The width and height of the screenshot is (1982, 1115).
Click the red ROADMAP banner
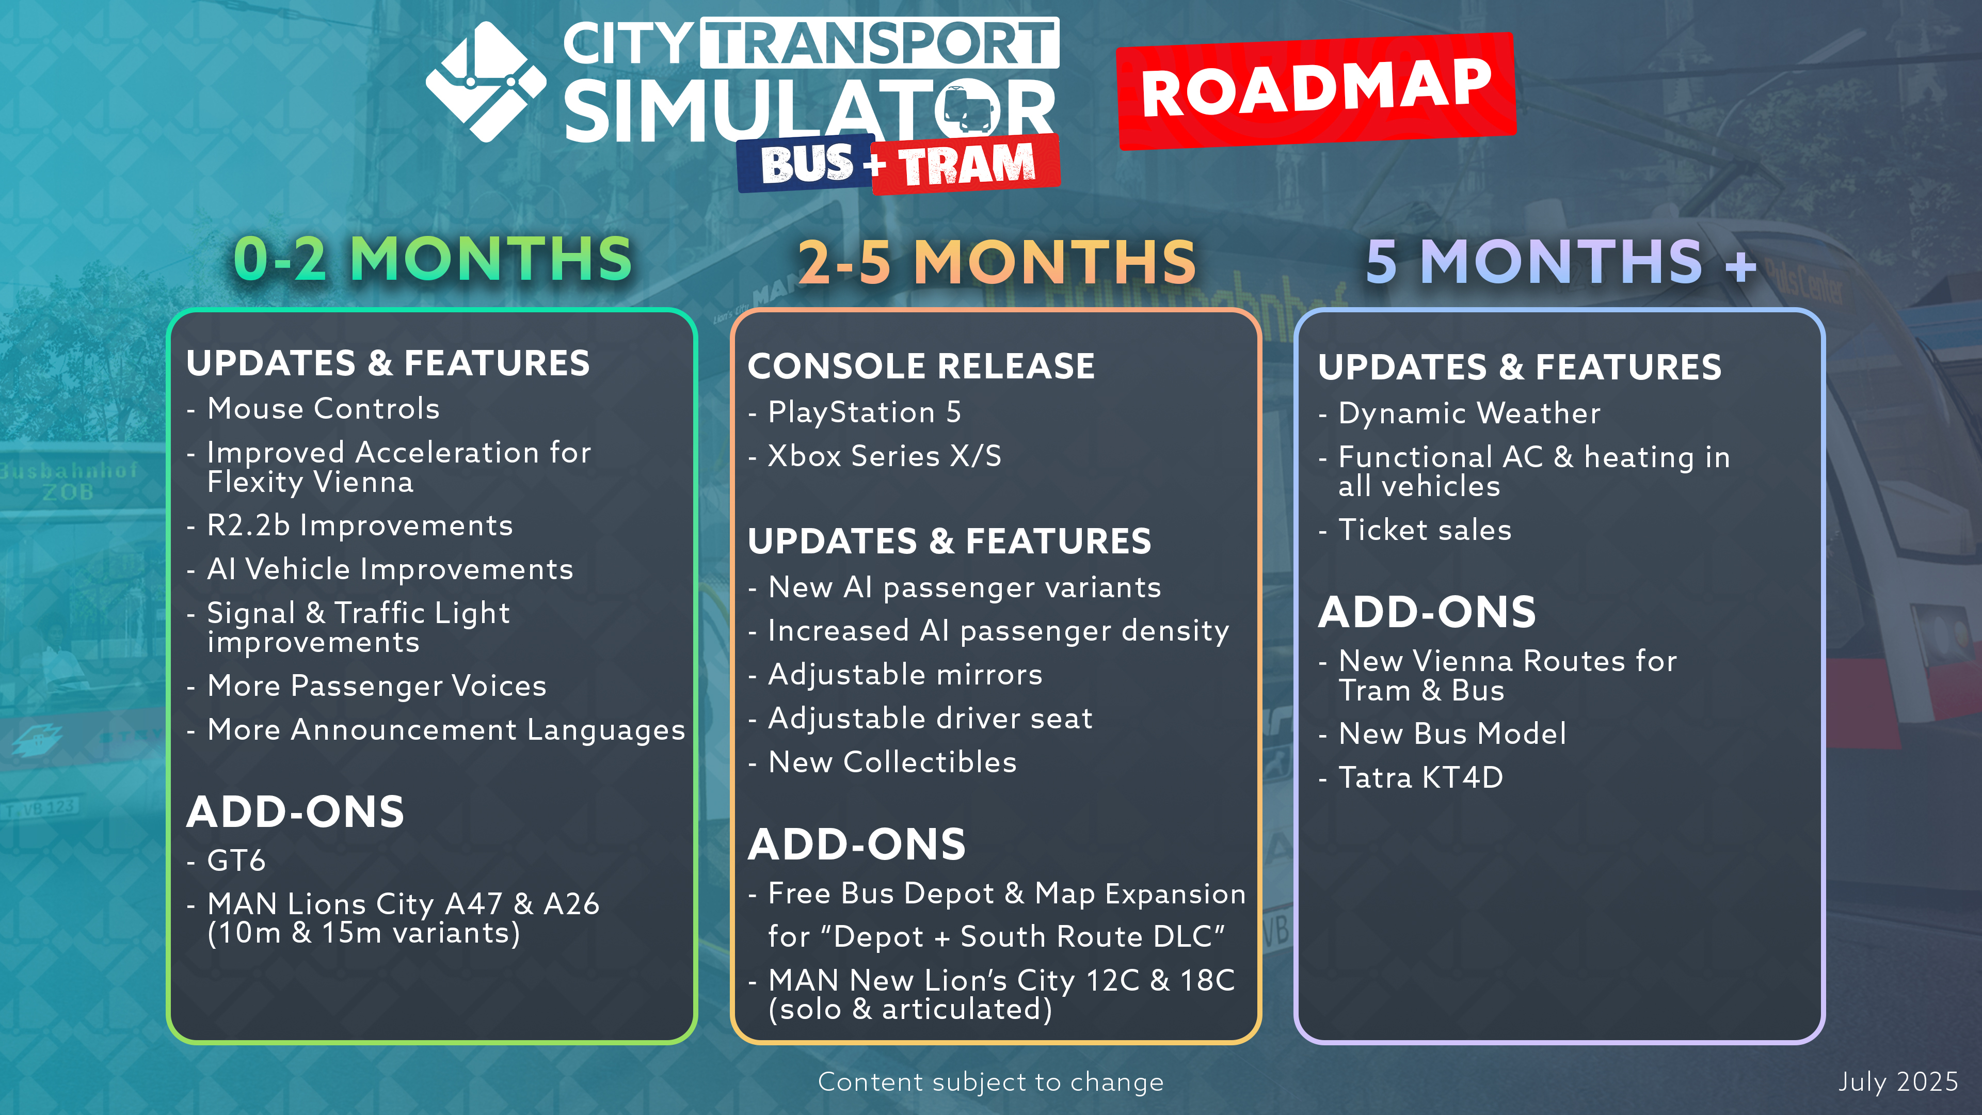(1316, 91)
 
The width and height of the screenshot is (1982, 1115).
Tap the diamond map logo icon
(486, 82)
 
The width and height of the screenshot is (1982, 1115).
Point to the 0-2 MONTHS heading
(433, 259)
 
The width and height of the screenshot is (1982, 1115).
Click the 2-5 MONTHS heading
(996, 262)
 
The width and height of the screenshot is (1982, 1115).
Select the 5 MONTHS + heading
(1561, 262)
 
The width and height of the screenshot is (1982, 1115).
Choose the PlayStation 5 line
(865, 412)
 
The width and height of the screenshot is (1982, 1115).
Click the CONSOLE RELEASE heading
(921, 367)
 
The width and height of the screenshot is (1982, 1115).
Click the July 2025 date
(1898, 1082)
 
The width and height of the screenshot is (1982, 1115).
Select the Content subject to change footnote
(991, 1082)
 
